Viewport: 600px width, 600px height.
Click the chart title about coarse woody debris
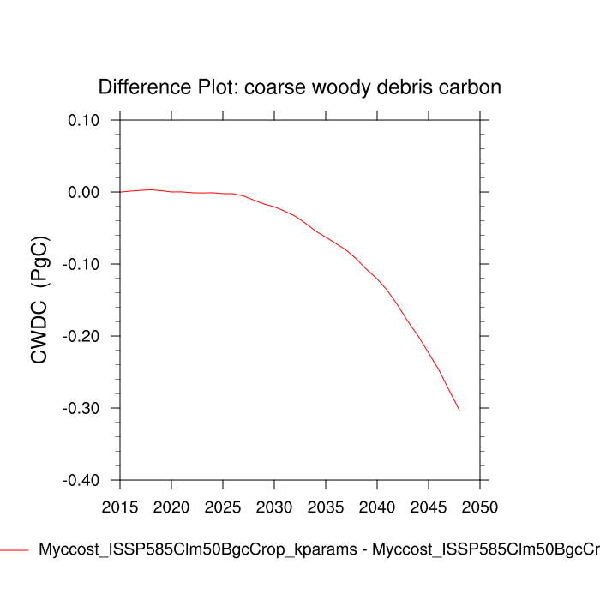tap(299, 87)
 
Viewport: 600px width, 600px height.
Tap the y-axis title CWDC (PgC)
tap(39, 300)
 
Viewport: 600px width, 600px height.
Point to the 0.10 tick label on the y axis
tap(84, 120)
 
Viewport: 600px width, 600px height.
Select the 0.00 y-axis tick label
tap(84, 192)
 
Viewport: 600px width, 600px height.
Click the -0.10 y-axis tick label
tap(81, 264)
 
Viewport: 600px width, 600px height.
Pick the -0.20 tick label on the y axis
tap(81, 336)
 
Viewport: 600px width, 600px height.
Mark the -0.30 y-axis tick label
tap(81, 408)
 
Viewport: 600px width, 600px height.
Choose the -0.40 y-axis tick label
tap(81, 480)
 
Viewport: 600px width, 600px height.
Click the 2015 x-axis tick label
tap(120, 507)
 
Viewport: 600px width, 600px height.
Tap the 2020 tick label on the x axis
tap(171, 507)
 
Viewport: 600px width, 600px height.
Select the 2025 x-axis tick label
tap(223, 507)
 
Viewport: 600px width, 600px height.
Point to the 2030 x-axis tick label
tap(274, 507)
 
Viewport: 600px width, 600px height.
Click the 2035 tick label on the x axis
tap(326, 507)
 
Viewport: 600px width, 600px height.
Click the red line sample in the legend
tap(14, 549)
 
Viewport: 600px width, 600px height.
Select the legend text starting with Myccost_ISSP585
tap(317, 549)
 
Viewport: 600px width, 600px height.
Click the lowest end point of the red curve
tap(459, 411)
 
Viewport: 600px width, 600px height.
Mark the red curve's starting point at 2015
tap(120, 192)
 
